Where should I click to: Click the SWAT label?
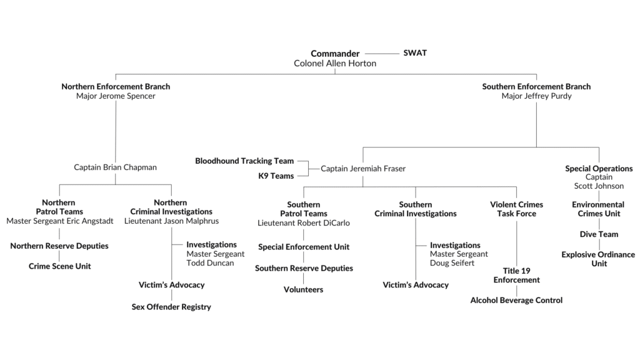coord(415,53)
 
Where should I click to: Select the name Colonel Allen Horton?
coord(335,64)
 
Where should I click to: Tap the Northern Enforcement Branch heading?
coord(116,87)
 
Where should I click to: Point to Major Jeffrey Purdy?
coord(536,97)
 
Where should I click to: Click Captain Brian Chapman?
coord(116,167)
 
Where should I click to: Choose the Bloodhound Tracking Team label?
coord(244,161)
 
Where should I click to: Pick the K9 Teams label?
coord(276,176)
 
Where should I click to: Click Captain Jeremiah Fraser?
coord(363,169)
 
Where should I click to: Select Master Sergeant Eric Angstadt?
coord(59,221)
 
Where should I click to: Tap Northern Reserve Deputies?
coord(59,246)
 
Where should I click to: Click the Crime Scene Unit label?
coord(59,266)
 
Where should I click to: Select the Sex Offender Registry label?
coord(171,307)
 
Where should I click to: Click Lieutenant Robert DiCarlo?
coord(304,223)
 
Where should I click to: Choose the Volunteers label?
coord(304,290)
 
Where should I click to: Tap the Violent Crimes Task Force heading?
coord(516,209)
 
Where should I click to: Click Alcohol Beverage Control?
coord(516,301)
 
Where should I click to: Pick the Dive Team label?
coord(599,234)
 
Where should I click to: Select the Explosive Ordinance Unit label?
coord(598,259)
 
